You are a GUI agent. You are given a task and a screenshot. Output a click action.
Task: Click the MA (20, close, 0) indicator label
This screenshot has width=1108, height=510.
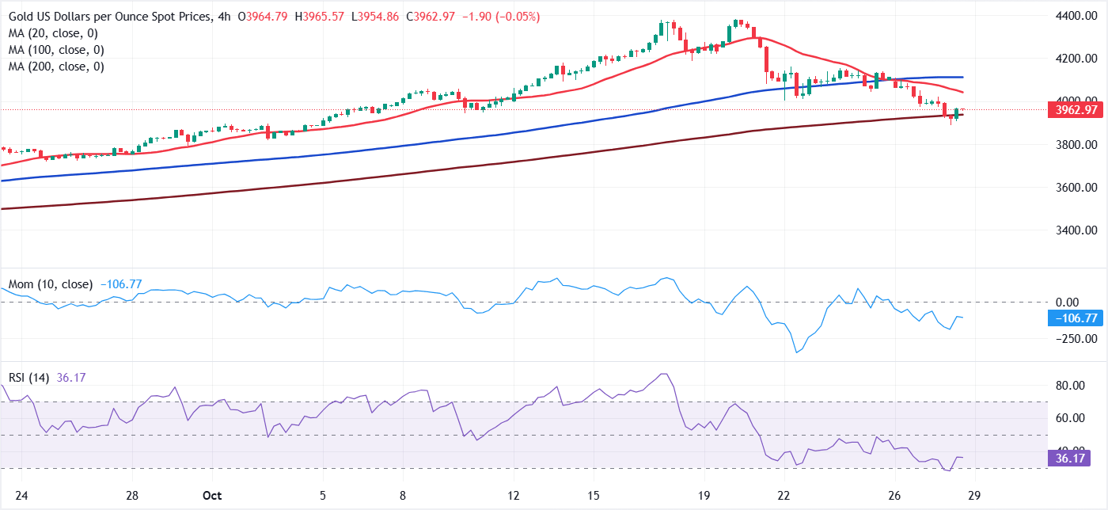(x=56, y=32)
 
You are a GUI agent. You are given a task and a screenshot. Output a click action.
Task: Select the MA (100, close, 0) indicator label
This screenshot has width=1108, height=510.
(x=59, y=50)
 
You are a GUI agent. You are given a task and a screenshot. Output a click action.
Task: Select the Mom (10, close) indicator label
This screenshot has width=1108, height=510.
(x=51, y=284)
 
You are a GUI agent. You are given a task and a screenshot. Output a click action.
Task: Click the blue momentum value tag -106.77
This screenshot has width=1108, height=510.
(x=1072, y=318)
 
